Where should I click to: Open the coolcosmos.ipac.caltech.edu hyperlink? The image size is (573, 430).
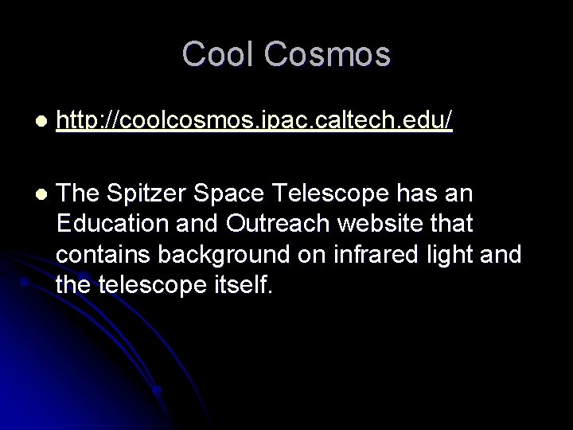click(x=255, y=121)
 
